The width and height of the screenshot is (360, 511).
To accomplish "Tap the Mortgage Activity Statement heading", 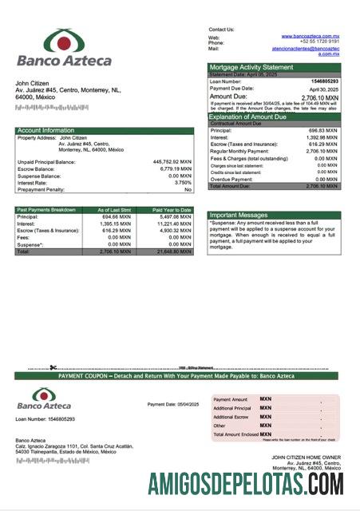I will coord(251,67).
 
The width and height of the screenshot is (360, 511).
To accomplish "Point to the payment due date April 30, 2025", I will coord(324,89).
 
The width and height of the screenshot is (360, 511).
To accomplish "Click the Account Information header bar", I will coord(105,129).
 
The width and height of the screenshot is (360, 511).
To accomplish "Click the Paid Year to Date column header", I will coord(172,209).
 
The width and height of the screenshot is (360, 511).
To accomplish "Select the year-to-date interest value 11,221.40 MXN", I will coord(173,224).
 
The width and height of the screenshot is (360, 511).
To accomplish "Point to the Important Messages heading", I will coord(239,215).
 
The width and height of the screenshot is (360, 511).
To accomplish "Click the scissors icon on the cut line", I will coord(53,368).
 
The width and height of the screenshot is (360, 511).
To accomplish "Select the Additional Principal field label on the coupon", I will coord(232,407).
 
